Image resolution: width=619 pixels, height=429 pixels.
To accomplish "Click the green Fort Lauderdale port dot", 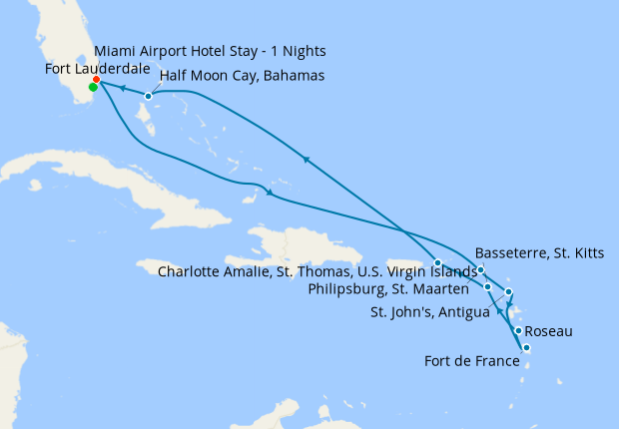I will coord(93,88).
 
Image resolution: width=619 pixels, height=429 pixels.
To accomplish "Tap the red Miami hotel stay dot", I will coord(96,80).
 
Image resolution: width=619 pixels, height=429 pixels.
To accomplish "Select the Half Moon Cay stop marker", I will coord(148,97).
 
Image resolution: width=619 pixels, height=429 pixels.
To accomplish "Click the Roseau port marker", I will coord(518,330).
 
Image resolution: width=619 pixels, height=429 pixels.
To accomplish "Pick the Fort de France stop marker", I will coord(526,348).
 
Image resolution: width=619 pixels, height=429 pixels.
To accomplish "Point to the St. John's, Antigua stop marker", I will coord(509,292).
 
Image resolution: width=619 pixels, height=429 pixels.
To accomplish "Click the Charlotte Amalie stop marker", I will coord(437,262).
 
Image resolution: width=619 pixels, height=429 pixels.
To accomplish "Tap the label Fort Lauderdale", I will coord(98,68).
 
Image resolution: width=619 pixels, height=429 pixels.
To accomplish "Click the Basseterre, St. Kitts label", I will coord(539,252).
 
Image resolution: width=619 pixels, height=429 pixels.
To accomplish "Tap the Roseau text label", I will coord(548,330).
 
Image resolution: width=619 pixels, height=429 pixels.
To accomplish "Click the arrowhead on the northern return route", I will coord(306,159).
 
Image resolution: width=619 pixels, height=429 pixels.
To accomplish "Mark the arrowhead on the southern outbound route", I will coord(269,192).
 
